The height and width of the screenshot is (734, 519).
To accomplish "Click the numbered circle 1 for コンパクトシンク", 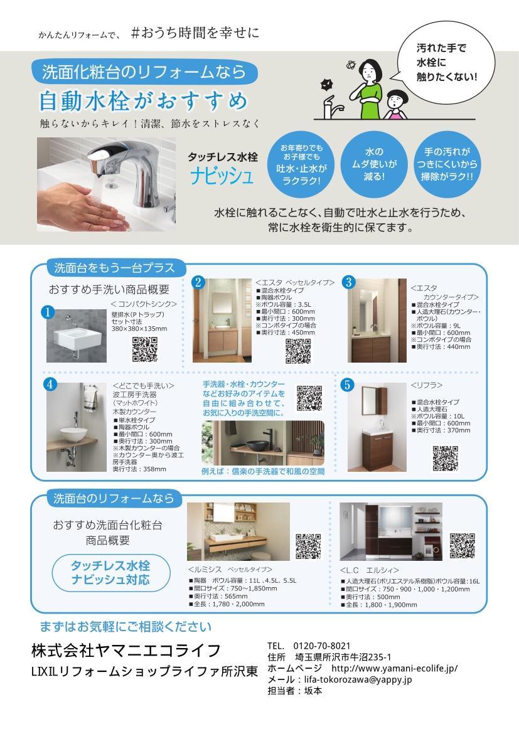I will coord(46,312).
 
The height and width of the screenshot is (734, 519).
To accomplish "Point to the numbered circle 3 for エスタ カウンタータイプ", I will coord(349,282).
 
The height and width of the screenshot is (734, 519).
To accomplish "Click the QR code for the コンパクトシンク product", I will coord(144,349).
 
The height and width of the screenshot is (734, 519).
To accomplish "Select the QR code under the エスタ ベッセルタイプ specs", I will coord(298,351).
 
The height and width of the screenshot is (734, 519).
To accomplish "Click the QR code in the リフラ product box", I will coord(445,457).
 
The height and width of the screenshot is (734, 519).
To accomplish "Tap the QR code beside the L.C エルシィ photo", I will coord(462,545).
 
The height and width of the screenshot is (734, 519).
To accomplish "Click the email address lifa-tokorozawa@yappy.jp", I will coord(358,679).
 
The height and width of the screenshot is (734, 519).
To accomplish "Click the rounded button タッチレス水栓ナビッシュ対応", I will coord(110,572).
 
